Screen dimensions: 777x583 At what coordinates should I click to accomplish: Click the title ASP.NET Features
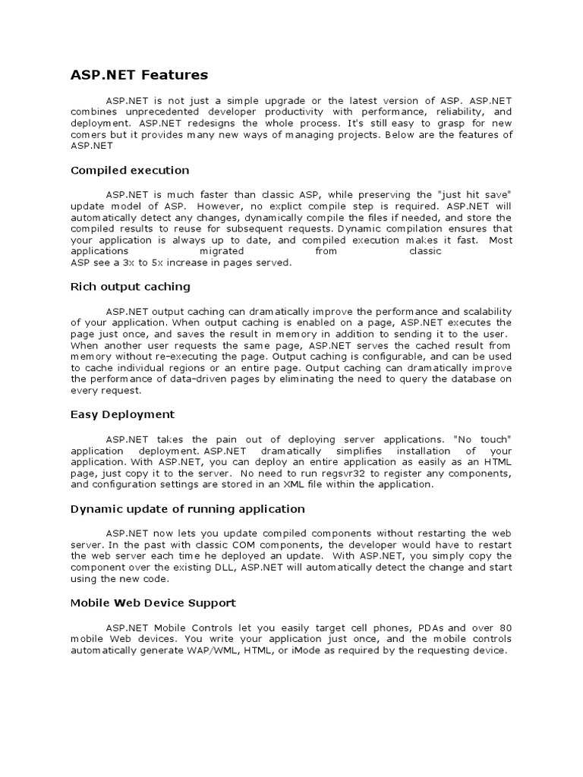pyautogui.click(x=139, y=75)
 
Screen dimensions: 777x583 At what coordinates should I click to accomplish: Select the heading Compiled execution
pyautogui.click(x=130, y=170)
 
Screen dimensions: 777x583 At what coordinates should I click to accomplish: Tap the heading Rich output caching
pyautogui.click(x=131, y=287)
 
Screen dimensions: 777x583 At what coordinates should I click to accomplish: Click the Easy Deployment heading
pyautogui.click(x=122, y=414)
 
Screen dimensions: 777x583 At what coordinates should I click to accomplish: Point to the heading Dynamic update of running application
pyautogui.click(x=188, y=508)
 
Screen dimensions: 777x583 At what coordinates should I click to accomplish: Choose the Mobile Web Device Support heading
pyautogui.click(x=153, y=602)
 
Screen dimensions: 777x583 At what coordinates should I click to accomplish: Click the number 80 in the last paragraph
pyautogui.click(x=504, y=629)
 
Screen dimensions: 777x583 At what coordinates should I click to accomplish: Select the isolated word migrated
pyautogui.click(x=222, y=251)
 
